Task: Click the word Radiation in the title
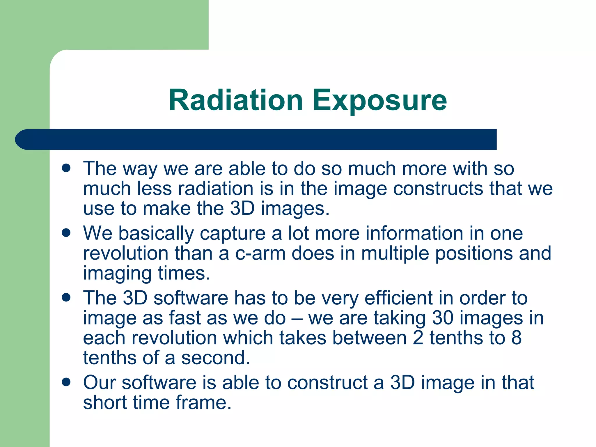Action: coord(236,100)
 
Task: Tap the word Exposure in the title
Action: coord(379,100)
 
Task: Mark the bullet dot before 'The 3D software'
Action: coord(66,297)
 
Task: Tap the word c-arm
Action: coord(260,253)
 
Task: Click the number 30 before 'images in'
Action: coord(443,318)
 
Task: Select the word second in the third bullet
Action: coord(216,358)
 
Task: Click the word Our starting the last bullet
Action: coord(100,382)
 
